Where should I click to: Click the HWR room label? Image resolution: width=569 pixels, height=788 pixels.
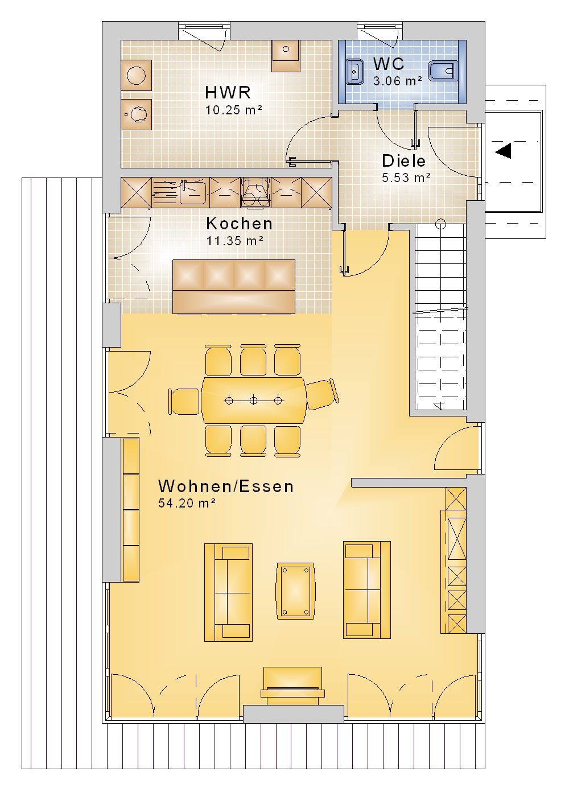click(228, 93)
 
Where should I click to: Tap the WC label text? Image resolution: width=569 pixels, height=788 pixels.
click(389, 64)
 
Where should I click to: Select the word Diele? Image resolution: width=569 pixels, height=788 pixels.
click(403, 161)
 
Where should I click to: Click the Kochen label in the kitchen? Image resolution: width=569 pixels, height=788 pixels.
click(240, 224)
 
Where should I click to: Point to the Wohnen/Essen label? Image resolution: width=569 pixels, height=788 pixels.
click(226, 486)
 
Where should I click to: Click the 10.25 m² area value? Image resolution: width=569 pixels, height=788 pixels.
click(234, 110)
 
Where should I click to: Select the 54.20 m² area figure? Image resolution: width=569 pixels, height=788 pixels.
click(187, 504)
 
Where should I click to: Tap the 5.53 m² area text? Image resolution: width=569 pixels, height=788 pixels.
click(406, 178)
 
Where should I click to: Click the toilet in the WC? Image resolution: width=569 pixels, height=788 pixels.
click(443, 71)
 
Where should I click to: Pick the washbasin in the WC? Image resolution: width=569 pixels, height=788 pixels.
click(356, 72)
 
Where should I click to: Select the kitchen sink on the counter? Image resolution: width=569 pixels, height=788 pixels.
click(192, 192)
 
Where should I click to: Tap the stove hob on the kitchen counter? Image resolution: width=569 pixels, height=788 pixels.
click(256, 192)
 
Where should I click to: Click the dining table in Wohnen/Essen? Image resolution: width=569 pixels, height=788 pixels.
click(253, 401)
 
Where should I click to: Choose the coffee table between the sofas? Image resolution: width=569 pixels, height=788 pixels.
click(295, 591)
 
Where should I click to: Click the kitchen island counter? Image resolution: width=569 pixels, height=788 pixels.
click(234, 286)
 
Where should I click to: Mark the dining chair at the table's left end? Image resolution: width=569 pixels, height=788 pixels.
click(184, 401)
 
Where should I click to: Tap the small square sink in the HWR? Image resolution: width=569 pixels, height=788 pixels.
click(286, 56)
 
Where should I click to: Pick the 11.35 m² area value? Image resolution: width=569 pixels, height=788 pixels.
click(234, 241)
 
